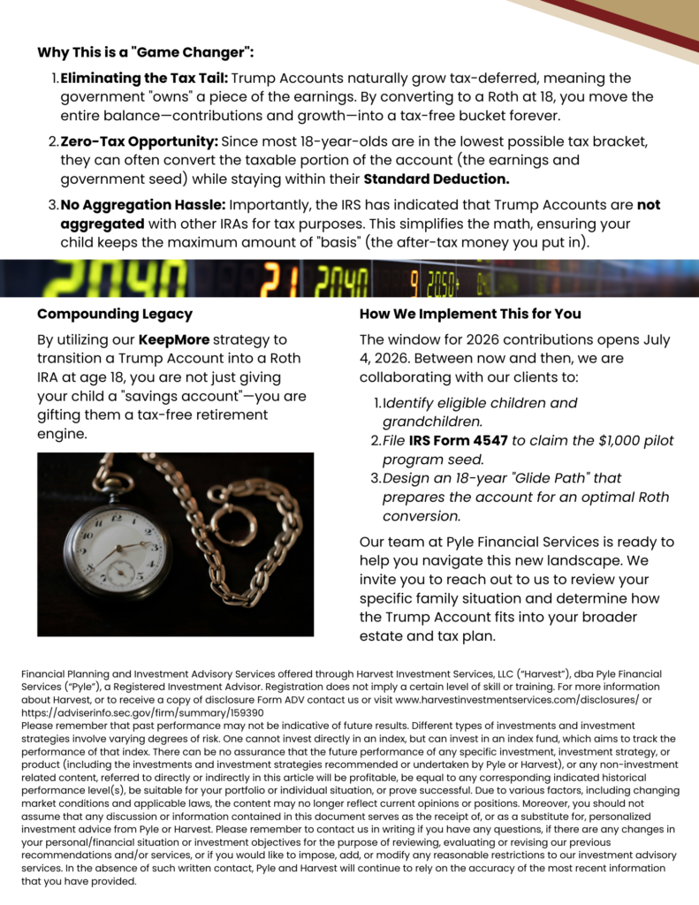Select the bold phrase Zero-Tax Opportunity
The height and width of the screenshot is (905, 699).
tap(139, 141)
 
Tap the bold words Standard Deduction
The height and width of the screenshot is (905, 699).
tap(437, 179)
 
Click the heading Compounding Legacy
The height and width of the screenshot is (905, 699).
tap(115, 314)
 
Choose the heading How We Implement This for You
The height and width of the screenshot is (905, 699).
tap(470, 314)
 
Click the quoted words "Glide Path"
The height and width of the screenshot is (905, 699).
tap(531, 478)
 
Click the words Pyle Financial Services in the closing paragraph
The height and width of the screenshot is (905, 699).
tap(513, 542)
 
